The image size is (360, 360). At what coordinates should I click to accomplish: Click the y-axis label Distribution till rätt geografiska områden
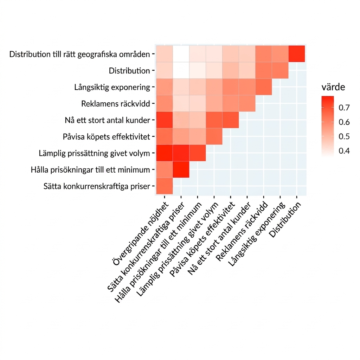(x=79, y=54)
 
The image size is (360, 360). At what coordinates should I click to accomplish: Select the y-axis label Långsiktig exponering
(x=112, y=88)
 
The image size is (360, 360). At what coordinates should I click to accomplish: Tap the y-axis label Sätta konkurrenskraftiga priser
(x=97, y=186)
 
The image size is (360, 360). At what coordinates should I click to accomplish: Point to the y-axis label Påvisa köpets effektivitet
(x=106, y=137)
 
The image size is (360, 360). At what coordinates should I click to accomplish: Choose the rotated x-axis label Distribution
(x=285, y=220)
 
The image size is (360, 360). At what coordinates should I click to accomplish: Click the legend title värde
(x=333, y=87)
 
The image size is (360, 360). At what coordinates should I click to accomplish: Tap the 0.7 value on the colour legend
(x=344, y=108)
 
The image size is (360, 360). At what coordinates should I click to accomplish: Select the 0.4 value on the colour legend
(x=344, y=151)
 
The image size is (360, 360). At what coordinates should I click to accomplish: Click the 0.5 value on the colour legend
(x=344, y=136)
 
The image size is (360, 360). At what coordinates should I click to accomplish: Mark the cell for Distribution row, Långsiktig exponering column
(x=280, y=70)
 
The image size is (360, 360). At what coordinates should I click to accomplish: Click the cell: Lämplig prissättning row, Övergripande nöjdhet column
(x=165, y=153)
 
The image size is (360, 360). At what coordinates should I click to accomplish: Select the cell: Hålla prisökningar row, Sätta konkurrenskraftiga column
(x=181, y=169)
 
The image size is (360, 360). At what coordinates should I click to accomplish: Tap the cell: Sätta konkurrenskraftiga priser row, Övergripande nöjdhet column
(x=165, y=186)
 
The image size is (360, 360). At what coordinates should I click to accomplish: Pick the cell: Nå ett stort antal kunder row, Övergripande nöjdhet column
(x=165, y=120)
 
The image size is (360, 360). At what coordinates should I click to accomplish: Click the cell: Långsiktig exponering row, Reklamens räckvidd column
(x=264, y=87)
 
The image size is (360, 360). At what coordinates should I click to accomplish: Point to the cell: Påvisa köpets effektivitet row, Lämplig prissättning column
(x=214, y=136)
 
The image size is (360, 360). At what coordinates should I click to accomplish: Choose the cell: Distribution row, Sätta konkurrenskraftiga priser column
(x=181, y=70)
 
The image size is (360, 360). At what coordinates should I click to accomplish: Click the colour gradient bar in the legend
(x=328, y=127)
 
